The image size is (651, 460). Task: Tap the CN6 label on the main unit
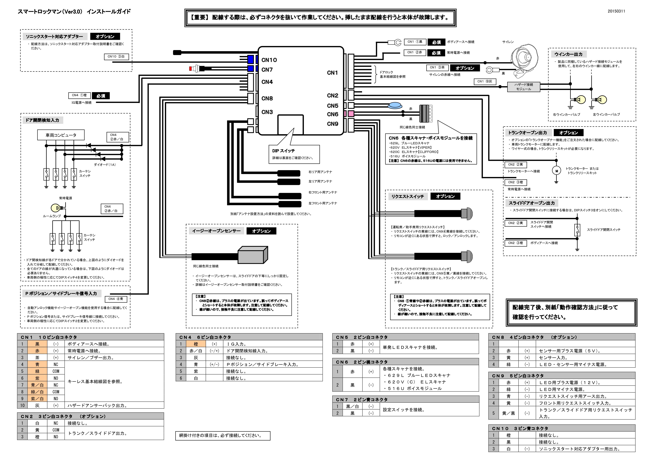pos(333,114)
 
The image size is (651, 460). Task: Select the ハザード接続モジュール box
pos(523,87)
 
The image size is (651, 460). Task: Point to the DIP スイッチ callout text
pos(284,151)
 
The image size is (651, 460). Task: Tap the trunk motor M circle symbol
pos(556,171)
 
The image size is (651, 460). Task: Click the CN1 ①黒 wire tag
pos(415,42)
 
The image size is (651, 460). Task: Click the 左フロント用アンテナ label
pos(323,203)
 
